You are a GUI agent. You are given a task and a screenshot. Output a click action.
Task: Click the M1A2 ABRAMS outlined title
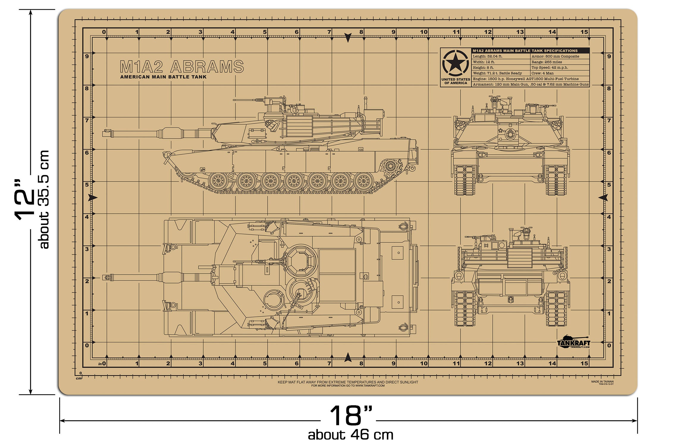pos(182,67)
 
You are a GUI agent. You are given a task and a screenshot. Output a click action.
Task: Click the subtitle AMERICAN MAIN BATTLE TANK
pos(163,77)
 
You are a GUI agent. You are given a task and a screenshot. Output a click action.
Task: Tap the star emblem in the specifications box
pos(455,63)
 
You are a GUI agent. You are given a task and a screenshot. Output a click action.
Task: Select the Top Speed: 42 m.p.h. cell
pos(550,67)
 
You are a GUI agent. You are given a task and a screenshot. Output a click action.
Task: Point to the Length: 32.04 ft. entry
pos(487,56)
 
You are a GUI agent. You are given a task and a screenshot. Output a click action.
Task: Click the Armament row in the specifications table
pos(531,84)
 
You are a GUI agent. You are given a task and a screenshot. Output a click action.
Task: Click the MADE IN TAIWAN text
pos(602,381)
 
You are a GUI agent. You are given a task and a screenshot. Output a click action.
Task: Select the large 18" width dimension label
pos(351,416)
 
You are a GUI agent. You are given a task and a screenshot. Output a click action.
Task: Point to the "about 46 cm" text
pos(351,435)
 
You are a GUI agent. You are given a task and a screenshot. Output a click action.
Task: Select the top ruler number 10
pos(424,32)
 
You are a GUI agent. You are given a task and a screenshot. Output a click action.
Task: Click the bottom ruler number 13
pos(520,363)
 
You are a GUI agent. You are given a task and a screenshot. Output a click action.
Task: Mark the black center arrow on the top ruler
pos(348,37)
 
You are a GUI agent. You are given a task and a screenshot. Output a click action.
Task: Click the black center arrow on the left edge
pos(93,197)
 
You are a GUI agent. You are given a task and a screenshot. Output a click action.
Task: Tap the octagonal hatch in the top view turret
pos(301,261)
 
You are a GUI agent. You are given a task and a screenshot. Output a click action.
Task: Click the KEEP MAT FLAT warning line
pos(348,382)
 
